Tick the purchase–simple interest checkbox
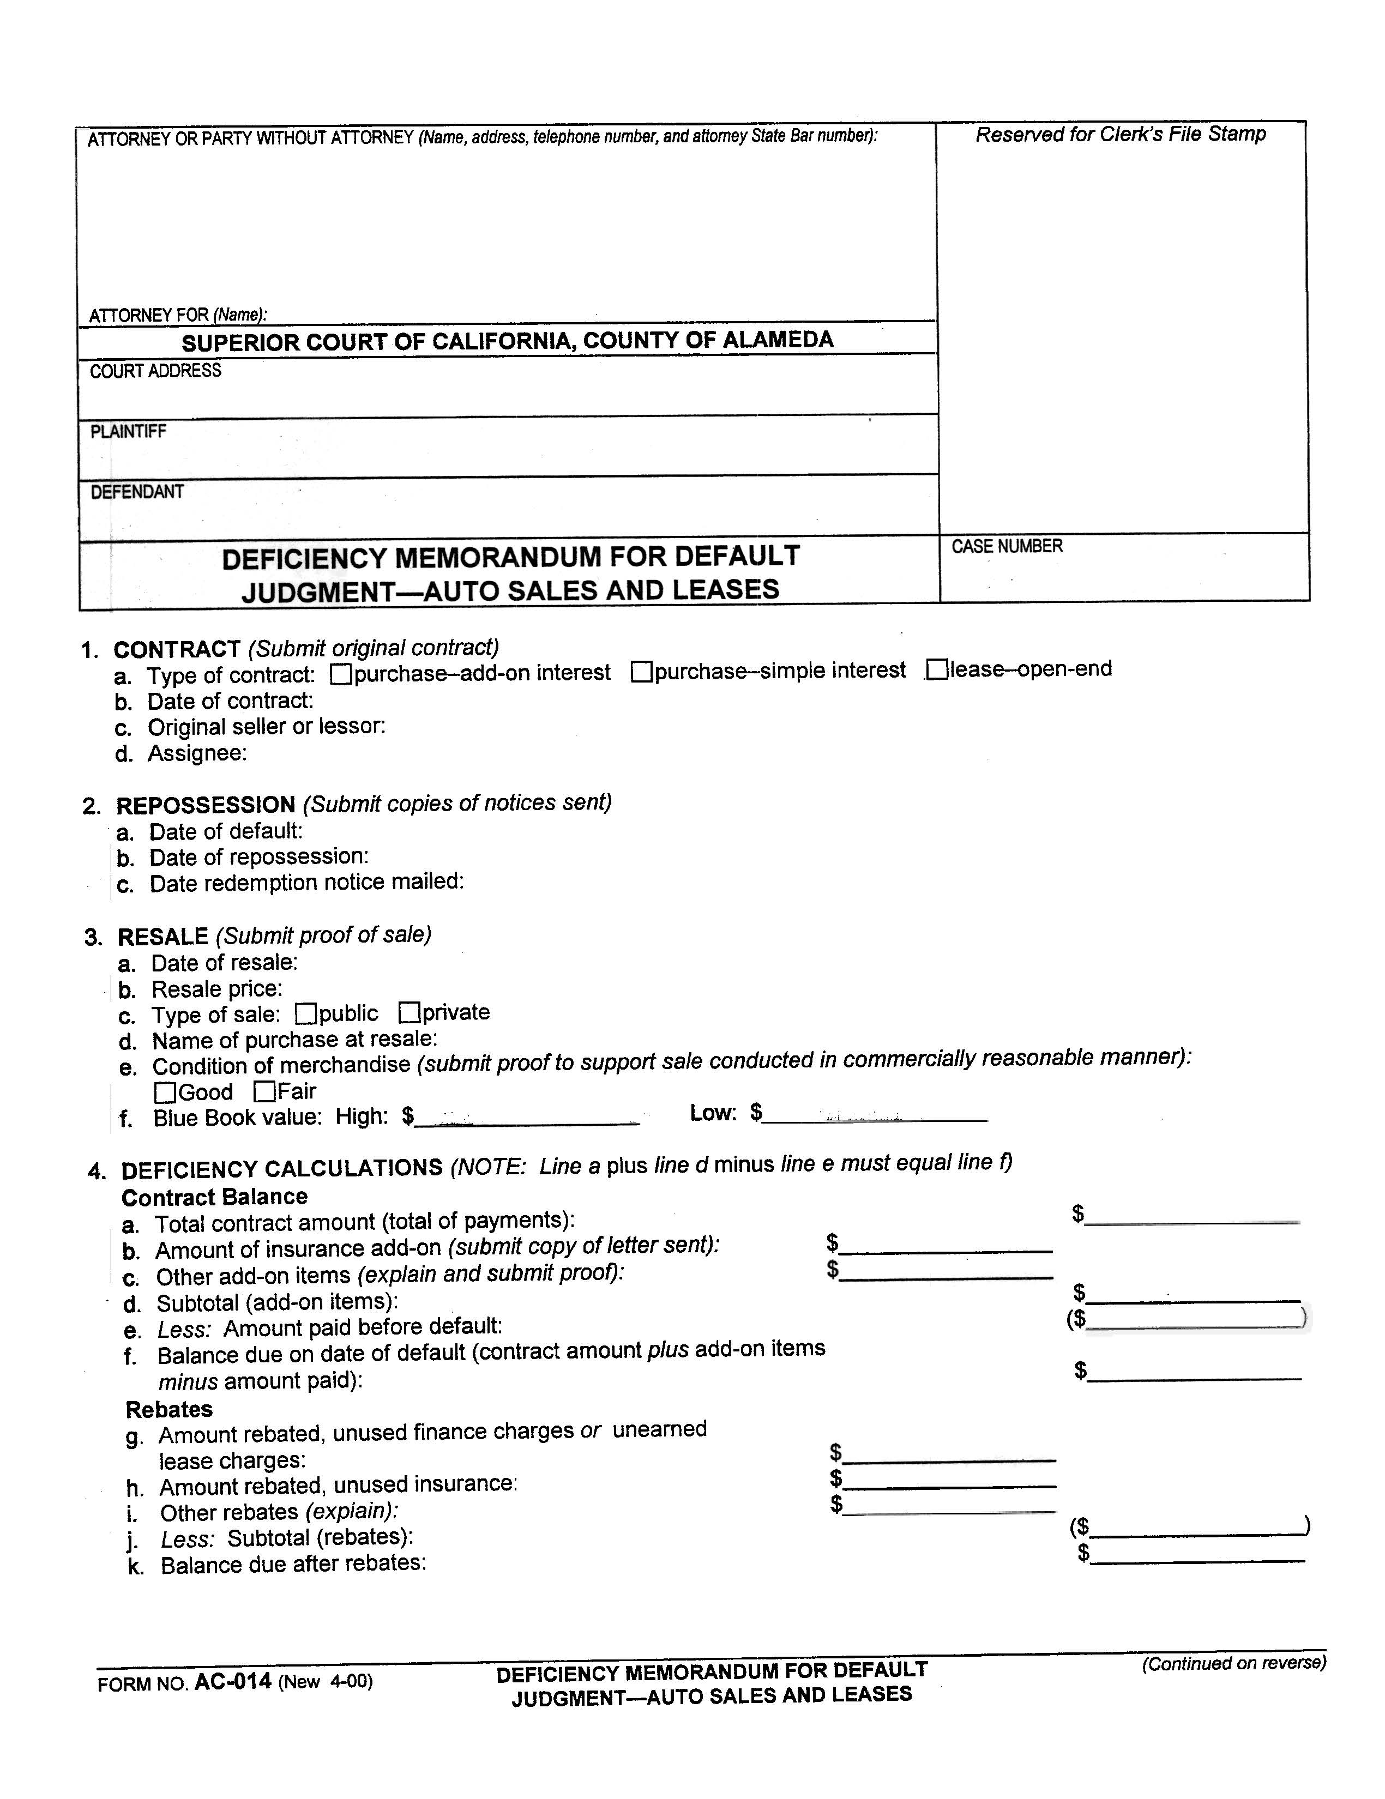click(642, 672)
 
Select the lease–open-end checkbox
click(937, 669)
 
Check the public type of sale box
click(306, 1013)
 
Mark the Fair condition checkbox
click(264, 1091)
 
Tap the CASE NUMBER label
click(1007, 546)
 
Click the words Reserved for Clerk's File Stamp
click(1119, 134)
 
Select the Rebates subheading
click(169, 1409)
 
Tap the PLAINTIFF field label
click(129, 432)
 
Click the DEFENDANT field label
click(137, 492)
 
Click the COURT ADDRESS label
click(156, 371)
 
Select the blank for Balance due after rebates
click(1197, 1554)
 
